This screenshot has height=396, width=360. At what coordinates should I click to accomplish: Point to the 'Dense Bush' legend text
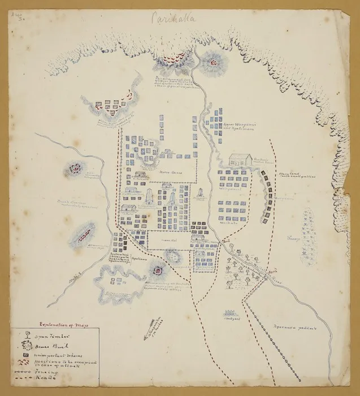coord(45,344)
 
